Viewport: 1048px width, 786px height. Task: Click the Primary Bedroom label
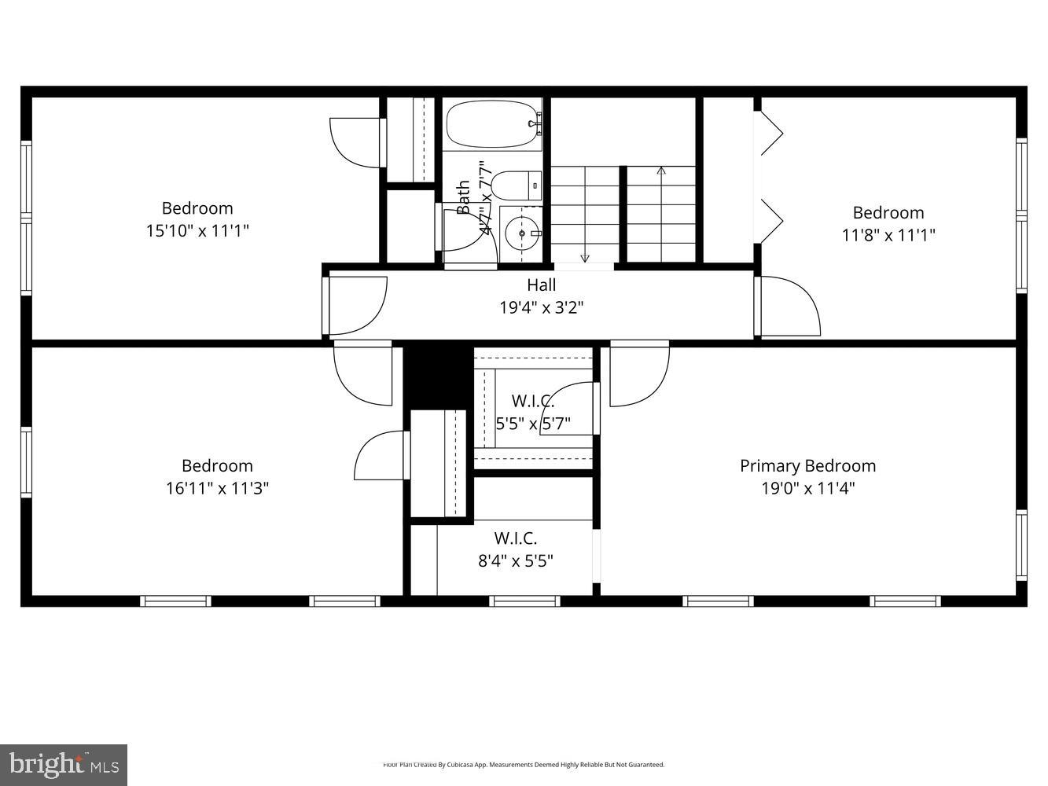click(807, 466)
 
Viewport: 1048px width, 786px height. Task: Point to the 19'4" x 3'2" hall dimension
click(541, 307)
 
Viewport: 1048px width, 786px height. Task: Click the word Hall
click(541, 285)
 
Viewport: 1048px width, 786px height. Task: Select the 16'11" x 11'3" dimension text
click(217, 488)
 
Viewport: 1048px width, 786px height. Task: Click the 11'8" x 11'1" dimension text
click(888, 235)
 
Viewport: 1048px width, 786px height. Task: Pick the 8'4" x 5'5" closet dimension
click(515, 561)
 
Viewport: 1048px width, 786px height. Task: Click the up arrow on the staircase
click(661, 171)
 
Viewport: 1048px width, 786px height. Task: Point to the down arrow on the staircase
click(585, 257)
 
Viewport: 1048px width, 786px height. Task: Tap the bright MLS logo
click(64, 764)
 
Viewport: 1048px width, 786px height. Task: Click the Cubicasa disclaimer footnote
click(524, 764)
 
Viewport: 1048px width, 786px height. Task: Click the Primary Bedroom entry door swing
click(638, 376)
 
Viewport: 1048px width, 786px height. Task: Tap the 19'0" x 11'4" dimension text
click(807, 488)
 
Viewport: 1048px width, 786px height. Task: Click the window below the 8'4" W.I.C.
click(524, 601)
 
